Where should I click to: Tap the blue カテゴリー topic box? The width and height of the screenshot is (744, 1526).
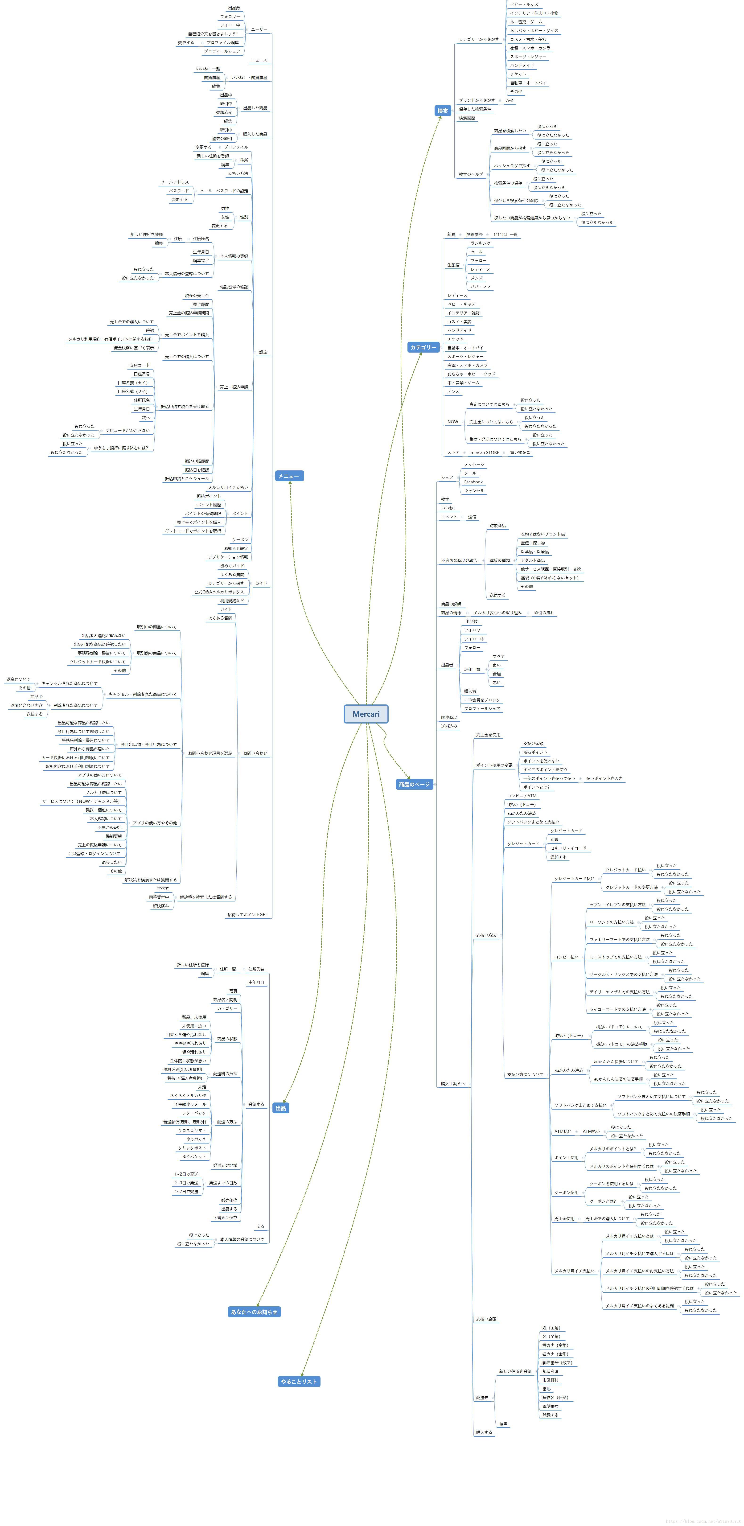pos(423,347)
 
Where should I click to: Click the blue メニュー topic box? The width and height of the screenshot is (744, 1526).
pos(289,476)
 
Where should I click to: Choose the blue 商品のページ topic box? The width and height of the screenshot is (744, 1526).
pos(414,784)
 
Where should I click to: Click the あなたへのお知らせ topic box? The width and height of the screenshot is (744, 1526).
pos(254,1312)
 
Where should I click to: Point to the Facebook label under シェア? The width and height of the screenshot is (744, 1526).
pos(473,482)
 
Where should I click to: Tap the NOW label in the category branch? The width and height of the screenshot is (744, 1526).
pos(452,422)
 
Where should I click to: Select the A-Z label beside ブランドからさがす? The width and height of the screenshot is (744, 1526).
pos(510,100)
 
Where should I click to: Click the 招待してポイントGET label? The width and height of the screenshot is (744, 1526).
pos(247,915)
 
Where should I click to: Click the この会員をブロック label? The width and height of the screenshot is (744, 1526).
pos(482,700)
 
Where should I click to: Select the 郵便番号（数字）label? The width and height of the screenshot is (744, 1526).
pos(557,1362)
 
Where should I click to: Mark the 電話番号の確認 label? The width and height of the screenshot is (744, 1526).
pos(234,287)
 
